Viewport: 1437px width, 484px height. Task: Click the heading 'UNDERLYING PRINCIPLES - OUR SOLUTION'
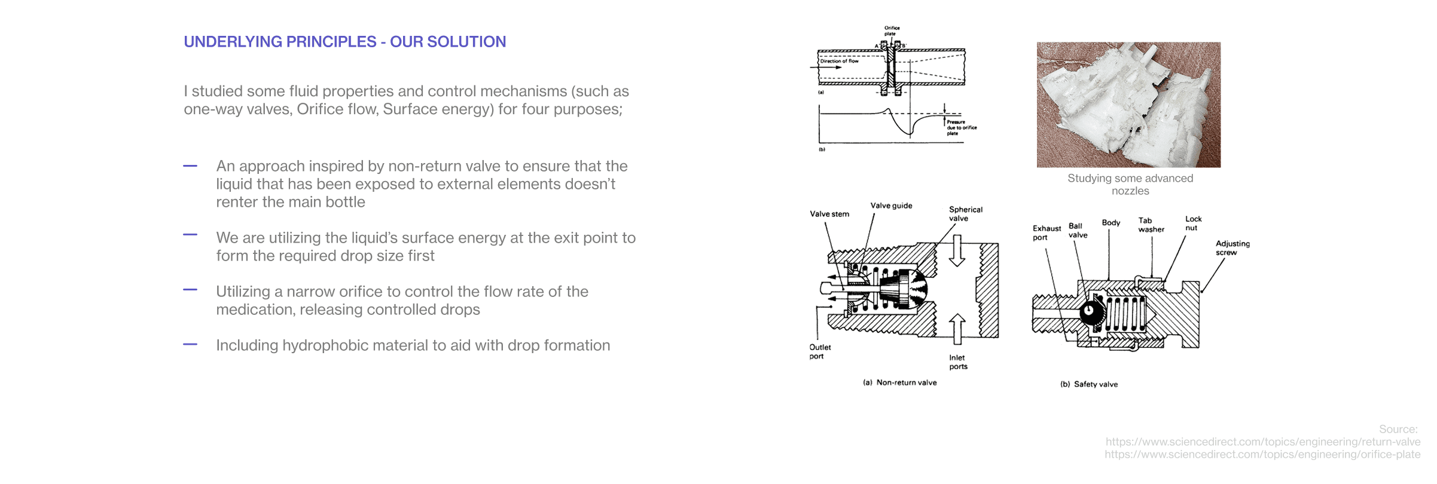click(344, 42)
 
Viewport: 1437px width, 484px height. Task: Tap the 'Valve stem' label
click(829, 214)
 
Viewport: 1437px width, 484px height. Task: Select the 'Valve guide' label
click(891, 206)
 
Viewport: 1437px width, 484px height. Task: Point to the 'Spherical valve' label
click(965, 214)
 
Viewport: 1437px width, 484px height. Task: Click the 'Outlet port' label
click(819, 351)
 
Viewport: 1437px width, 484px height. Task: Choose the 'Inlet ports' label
click(957, 362)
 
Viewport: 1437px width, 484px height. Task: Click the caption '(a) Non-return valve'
click(899, 382)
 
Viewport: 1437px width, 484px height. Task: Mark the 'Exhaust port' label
click(1046, 232)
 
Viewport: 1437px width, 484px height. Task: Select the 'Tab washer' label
click(1151, 225)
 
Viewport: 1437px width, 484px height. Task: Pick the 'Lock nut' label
click(1193, 223)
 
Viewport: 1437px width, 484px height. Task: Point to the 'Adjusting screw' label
click(1232, 247)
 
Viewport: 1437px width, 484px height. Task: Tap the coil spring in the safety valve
click(1124, 314)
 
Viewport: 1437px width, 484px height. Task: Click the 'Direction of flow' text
click(839, 61)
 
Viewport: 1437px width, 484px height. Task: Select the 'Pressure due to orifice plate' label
click(960, 127)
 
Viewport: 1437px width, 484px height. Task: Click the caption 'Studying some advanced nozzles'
click(1130, 184)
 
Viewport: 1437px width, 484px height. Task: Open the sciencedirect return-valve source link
click(1262, 442)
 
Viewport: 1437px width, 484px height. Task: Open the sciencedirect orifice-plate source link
click(1262, 454)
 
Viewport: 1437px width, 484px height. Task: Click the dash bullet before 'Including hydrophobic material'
click(190, 344)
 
